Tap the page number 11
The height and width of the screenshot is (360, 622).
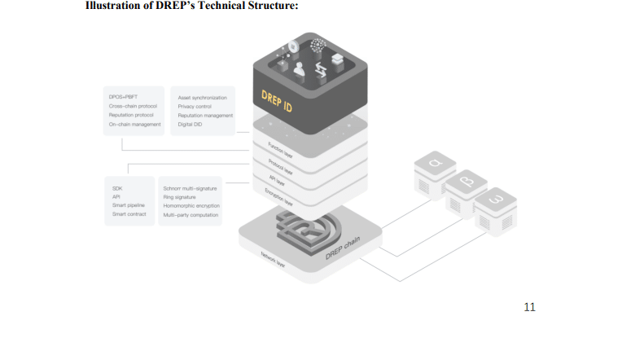coord(529,307)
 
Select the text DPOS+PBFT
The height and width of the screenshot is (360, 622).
coord(122,97)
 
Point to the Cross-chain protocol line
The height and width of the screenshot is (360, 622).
coord(133,106)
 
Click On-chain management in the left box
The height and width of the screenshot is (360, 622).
coord(134,124)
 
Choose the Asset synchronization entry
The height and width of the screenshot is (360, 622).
coord(202,97)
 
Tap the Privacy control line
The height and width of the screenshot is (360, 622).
coord(195,106)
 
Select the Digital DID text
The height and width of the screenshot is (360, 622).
coord(189,124)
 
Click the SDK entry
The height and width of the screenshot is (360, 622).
coord(116,187)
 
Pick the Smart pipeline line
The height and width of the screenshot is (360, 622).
coord(129,205)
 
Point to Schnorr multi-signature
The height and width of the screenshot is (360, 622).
coord(190,188)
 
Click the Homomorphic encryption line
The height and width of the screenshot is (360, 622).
coord(191,205)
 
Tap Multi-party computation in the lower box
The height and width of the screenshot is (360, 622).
coord(191,214)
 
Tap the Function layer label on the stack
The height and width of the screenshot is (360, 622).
coord(280,150)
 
